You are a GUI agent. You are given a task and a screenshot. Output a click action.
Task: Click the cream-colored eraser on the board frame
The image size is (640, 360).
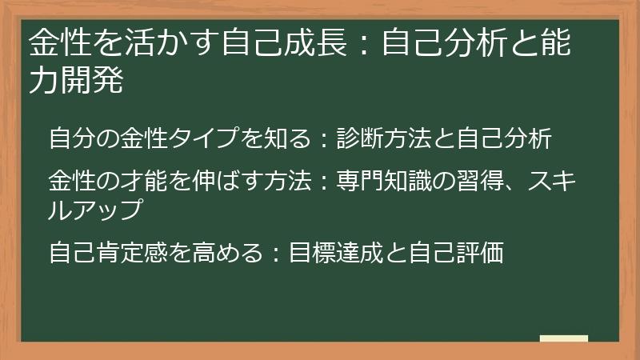coord(564,338)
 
